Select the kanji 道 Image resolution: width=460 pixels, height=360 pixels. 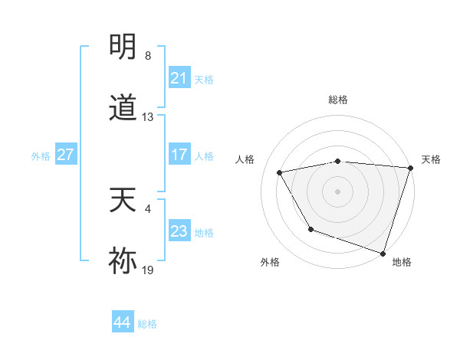123,108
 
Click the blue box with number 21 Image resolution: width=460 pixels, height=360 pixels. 179,78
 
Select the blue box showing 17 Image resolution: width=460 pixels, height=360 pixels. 179,155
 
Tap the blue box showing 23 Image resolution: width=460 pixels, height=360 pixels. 179,231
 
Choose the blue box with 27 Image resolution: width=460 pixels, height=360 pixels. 65,155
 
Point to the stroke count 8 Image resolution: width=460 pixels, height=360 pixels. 148,56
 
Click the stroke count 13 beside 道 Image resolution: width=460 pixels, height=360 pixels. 148,117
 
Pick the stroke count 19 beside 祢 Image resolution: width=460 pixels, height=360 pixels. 148,270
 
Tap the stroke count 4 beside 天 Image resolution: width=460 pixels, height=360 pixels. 148,208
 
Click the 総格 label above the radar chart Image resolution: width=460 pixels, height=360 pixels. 338,100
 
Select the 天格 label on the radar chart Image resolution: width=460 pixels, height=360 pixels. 431,159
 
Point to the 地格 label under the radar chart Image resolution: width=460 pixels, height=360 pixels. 402,262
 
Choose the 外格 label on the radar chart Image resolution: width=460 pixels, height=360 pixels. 270,262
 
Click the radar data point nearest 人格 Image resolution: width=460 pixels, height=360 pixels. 280,173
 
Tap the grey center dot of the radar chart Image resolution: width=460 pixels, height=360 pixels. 338,191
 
